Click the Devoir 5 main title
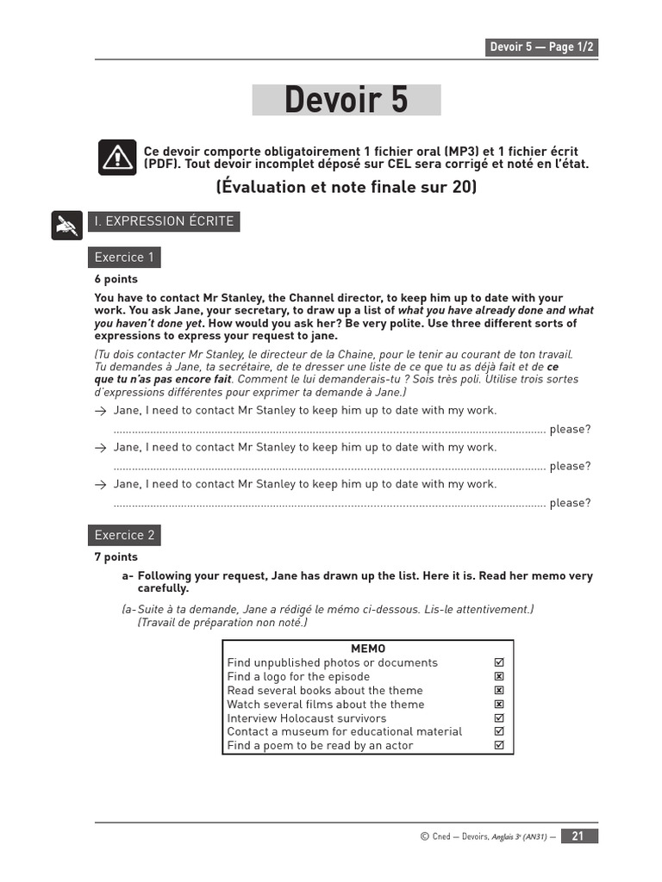pos(346,101)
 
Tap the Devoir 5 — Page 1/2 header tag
pos(541,47)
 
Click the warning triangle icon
pos(117,157)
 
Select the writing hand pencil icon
pos(66,224)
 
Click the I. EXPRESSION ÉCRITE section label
pos(164,221)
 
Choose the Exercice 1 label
pos(124,257)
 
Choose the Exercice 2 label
pos(124,535)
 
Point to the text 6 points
pos(116,279)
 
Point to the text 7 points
pos(116,557)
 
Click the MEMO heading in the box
pos(368,649)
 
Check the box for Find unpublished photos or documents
pos(499,662)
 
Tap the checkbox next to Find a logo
pos(499,676)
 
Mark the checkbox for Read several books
pos(499,690)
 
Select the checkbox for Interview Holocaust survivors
pos(499,717)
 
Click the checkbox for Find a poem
pos(499,745)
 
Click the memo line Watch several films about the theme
pos(326,704)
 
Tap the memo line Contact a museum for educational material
pos(345,731)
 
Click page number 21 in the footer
pos(578,835)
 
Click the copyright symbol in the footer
pos(425,836)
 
